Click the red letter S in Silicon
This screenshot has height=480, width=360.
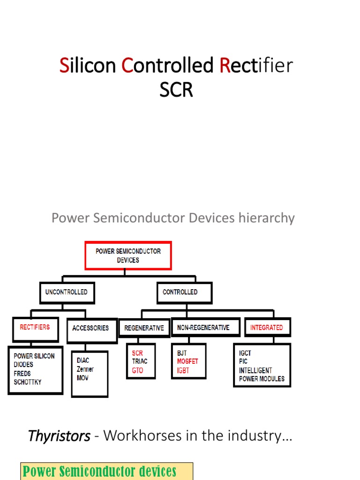pyautogui.click(x=64, y=66)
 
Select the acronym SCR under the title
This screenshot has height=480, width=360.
pyautogui.click(x=176, y=90)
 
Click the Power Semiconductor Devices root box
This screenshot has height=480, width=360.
pyautogui.click(x=128, y=255)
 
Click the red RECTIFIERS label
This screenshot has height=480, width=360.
pyautogui.click(x=35, y=327)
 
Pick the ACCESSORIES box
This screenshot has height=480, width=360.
pyautogui.click(x=90, y=328)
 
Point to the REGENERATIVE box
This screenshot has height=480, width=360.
pyautogui.click(x=144, y=328)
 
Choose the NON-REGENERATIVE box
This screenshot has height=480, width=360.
pyautogui.click(x=203, y=328)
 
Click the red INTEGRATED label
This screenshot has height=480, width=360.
pyautogui.click(x=266, y=328)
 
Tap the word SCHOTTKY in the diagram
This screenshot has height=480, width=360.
pyautogui.click(x=28, y=382)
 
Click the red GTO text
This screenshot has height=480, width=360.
pyautogui.click(x=137, y=370)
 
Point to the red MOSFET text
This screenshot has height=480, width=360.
pyautogui.click(x=187, y=361)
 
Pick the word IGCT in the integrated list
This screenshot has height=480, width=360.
pyautogui.click(x=245, y=353)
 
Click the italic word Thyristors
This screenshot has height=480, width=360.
pyautogui.click(x=59, y=436)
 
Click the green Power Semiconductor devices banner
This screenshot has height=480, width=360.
pyautogui.click(x=106, y=471)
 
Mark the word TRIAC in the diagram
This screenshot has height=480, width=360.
pyautogui.click(x=140, y=361)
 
